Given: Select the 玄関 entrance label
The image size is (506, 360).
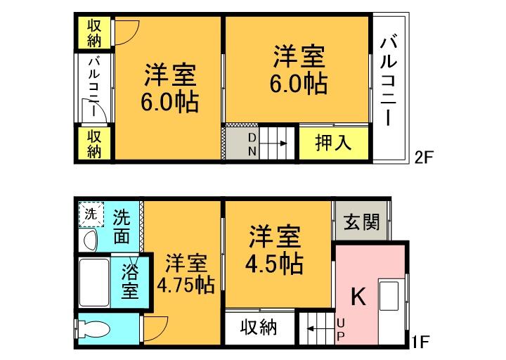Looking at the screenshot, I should click(x=362, y=221).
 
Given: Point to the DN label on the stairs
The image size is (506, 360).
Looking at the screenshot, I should click(x=251, y=143).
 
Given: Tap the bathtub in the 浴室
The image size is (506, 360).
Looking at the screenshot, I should click(x=94, y=283).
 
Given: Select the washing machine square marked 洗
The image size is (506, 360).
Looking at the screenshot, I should click(x=91, y=214).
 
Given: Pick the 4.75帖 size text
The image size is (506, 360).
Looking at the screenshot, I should click(x=186, y=285).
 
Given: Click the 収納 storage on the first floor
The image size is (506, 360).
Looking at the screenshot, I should click(x=258, y=328).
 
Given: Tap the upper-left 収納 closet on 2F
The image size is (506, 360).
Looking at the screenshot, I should click(x=95, y=32).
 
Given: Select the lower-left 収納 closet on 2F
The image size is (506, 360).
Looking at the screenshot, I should click(x=95, y=143).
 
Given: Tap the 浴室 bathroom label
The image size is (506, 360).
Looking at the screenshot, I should click(x=130, y=279).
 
